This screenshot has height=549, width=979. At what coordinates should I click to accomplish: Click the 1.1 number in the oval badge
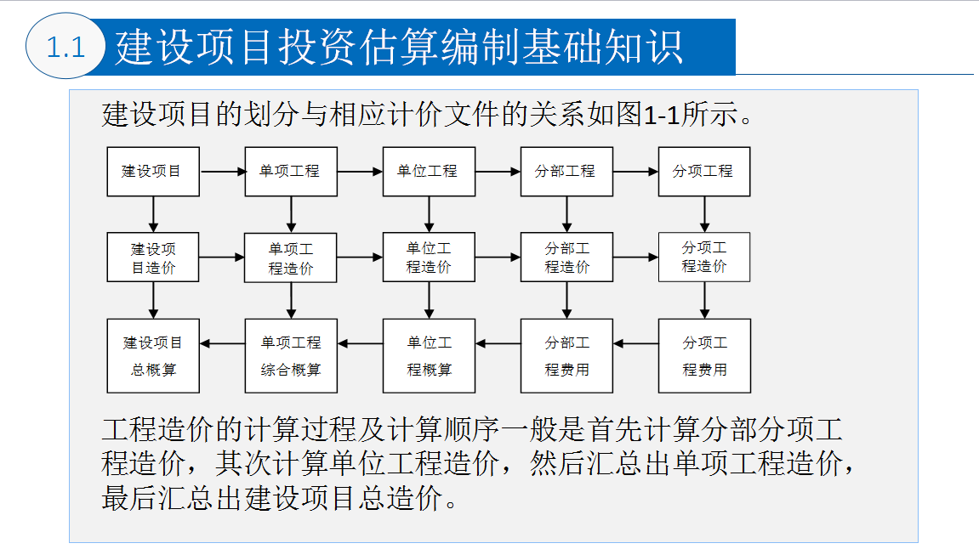65,48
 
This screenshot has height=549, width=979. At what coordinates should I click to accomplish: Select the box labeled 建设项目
153,172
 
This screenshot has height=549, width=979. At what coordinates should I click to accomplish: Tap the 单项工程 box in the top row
291,172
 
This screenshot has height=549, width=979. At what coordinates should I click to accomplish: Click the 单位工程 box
429,172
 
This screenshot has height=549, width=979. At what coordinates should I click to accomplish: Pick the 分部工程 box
567,172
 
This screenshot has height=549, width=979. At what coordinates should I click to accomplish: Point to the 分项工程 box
704,172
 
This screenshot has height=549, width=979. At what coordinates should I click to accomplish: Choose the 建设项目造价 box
153,257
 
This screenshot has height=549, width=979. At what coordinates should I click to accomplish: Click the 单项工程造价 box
291,258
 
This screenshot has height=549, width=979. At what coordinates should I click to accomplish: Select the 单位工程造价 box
429,257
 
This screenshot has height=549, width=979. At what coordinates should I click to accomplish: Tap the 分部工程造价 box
567,257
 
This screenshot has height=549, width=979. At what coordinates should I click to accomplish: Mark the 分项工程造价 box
704,257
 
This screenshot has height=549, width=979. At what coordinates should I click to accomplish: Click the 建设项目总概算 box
153,355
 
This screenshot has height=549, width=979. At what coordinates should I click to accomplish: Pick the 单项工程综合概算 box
291,355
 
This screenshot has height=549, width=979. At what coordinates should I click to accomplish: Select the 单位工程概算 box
429,355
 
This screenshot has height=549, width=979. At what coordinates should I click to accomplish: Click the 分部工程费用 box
567,355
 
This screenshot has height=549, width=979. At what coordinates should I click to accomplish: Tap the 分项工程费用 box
704,355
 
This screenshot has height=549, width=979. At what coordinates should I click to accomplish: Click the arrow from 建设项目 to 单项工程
222,172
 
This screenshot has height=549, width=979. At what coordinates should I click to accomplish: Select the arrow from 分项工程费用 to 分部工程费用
635,343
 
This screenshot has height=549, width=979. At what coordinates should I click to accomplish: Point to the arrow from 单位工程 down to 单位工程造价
429,215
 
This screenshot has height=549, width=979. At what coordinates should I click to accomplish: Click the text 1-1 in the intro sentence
661,116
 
